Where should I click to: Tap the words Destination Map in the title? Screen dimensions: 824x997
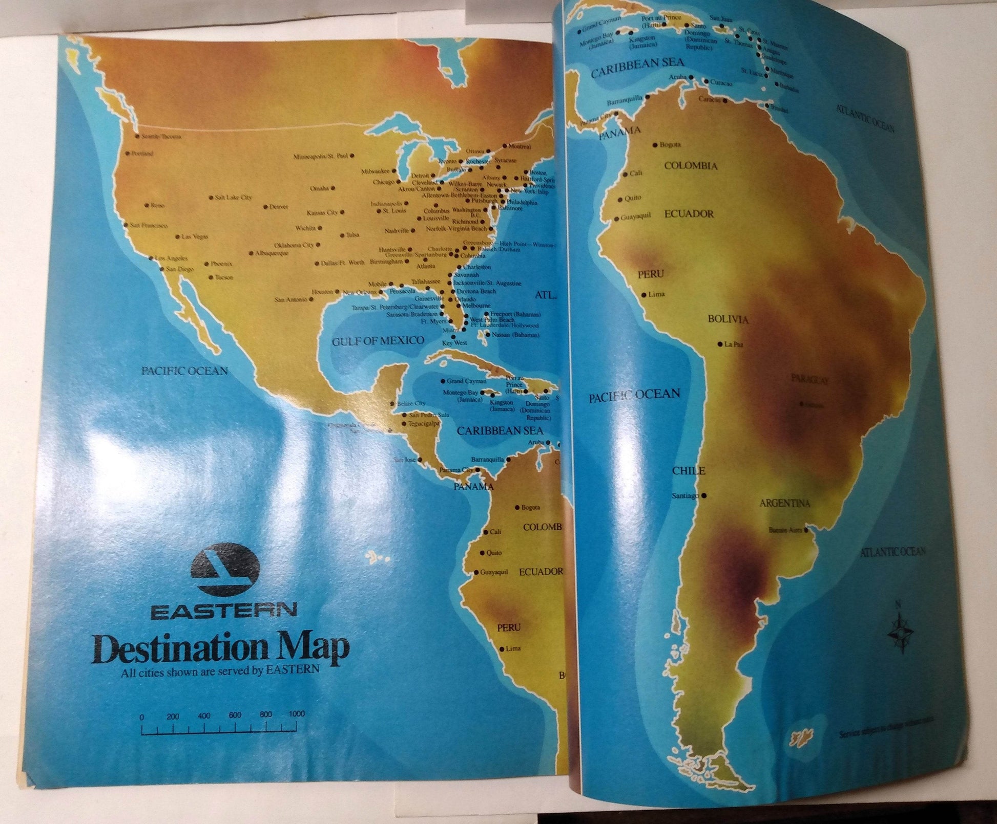222,649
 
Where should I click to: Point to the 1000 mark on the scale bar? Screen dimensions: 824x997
296,713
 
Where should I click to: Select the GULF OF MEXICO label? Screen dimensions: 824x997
378,341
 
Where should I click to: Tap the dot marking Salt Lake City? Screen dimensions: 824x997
211,198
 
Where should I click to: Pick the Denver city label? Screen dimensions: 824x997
279,207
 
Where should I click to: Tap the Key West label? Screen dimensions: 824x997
454,342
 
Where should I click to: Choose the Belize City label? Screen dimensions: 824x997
411,404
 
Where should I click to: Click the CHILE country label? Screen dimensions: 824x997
688,471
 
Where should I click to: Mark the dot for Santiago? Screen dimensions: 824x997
705,495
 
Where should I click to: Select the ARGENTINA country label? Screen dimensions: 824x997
784,504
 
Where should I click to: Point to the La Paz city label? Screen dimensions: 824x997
734,344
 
